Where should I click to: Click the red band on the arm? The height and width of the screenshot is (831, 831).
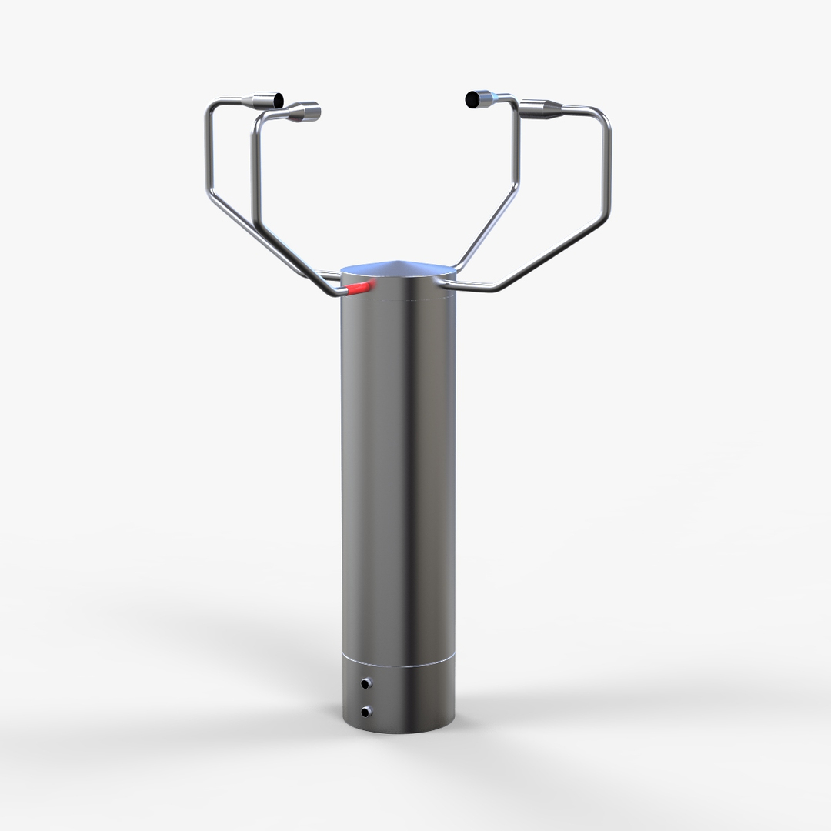[x=359, y=289]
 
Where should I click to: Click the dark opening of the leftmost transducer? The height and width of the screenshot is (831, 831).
[x=277, y=100]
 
